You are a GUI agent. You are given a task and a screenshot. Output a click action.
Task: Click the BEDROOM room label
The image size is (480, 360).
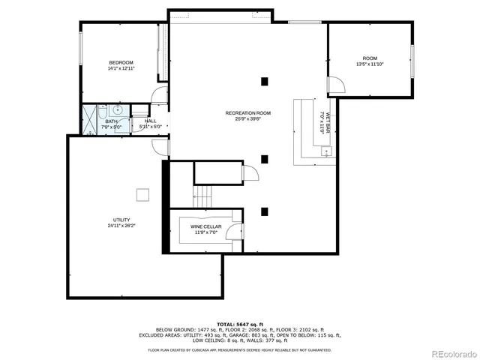coord(121,62)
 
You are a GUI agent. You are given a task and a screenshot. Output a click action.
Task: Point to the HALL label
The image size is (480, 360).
coord(150,121)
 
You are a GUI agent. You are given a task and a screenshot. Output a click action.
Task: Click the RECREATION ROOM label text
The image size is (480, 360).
coord(247,113)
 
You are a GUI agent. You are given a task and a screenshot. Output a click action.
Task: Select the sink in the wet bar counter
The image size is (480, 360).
coord(326,152)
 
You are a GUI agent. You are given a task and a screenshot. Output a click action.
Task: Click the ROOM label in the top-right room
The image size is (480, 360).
coord(370,58)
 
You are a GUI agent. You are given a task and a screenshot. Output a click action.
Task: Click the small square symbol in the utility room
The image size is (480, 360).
coord(142,195)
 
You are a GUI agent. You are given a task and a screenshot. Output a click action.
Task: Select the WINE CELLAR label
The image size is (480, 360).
coord(205,226)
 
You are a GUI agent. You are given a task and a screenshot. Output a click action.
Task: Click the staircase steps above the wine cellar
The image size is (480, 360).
coord(203,197)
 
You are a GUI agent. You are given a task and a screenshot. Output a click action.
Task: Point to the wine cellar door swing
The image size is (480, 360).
coord(236,232)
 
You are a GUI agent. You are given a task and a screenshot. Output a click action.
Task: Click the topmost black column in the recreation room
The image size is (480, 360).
coord(264,81)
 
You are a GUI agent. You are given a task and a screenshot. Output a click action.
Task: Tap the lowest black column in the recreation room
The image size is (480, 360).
coord(264,211)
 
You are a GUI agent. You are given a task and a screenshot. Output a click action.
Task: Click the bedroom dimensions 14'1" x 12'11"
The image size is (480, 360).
coord(121,69)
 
